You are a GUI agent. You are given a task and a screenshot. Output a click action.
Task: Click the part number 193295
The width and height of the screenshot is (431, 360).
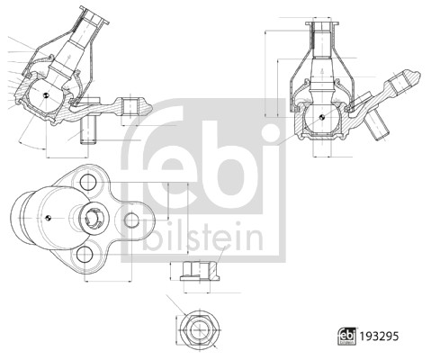point(380,337)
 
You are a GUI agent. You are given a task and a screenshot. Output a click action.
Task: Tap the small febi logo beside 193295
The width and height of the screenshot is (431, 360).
point(347,336)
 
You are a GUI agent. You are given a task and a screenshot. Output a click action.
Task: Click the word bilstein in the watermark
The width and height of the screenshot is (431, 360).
point(203,237)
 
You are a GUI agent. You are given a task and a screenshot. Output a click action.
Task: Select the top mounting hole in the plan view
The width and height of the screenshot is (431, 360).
point(88,182)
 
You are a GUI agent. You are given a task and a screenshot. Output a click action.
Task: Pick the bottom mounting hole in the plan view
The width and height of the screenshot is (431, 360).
point(85,255)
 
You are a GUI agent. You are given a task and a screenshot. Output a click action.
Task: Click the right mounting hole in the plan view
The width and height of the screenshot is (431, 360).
point(131,220)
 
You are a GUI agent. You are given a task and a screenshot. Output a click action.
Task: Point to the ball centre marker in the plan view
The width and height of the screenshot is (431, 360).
point(48,218)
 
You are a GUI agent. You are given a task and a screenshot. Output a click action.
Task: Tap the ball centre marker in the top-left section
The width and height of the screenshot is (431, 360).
point(46,95)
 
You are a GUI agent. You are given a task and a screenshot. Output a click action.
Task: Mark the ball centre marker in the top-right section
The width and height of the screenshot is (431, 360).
point(321,117)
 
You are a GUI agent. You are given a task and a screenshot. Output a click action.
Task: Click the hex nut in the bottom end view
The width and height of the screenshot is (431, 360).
point(200,329)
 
